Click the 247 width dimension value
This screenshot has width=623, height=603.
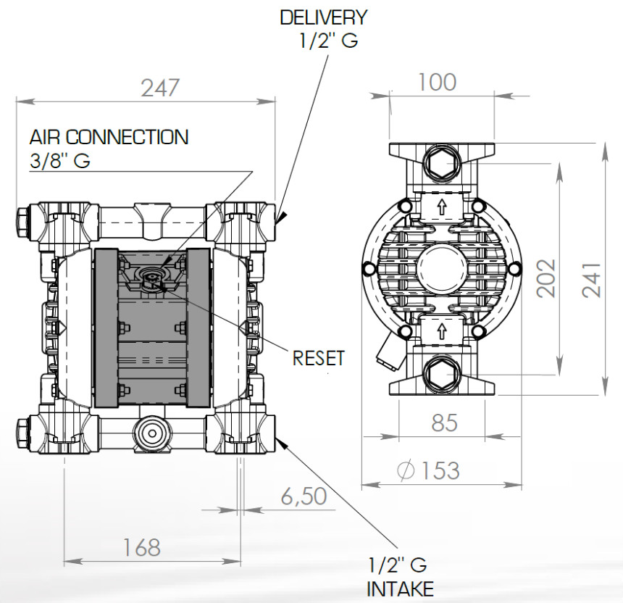(x=159, y=88)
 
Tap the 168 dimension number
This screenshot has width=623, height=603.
(x=141, y=547)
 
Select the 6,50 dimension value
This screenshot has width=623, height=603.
(x=303, y=496)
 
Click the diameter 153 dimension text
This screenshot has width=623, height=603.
(x=429, y=470)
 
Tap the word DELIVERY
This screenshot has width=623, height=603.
(x=324, y=17)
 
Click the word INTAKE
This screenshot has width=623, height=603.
(x=401, y=588)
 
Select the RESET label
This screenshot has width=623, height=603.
(x=319, y=358)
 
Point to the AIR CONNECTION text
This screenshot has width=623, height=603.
(x=109, y=137)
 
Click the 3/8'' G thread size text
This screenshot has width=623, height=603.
(x=60, y=161)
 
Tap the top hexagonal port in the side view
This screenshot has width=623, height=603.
(x=440, y=164)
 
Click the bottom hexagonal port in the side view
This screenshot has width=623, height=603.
(x=440, y=373)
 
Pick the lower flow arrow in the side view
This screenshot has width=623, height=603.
(x=440, y=332)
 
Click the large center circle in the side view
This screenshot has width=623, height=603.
(x=440, y=269)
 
